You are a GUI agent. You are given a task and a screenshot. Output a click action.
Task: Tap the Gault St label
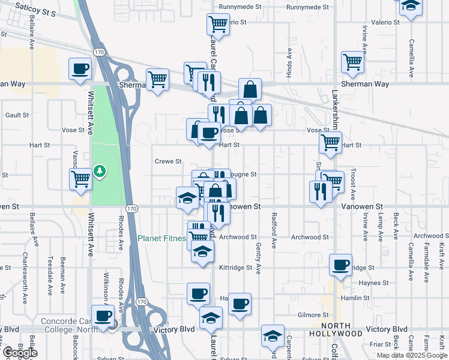(17, 115)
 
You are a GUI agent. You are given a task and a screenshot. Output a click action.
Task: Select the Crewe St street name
(168, 161)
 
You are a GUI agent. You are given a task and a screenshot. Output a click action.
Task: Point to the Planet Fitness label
(161, 238)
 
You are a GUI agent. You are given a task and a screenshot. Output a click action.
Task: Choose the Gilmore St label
(313, 315)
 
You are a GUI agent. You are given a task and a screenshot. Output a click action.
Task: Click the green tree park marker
(99, 172)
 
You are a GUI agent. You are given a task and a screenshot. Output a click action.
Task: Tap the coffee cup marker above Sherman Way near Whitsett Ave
(80, 69)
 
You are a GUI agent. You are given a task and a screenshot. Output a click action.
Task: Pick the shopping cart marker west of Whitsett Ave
(80, 179)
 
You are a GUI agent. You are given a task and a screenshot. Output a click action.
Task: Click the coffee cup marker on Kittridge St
(341, 265)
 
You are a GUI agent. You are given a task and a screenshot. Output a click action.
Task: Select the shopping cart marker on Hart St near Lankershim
(330, 143)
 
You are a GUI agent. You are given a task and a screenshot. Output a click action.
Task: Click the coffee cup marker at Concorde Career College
(102, 316)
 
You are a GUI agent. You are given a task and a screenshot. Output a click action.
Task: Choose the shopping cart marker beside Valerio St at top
(217, 25)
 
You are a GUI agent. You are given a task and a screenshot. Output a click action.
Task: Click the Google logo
(19, 353)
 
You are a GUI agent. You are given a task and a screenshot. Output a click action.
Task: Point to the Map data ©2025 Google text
(412, 355)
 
